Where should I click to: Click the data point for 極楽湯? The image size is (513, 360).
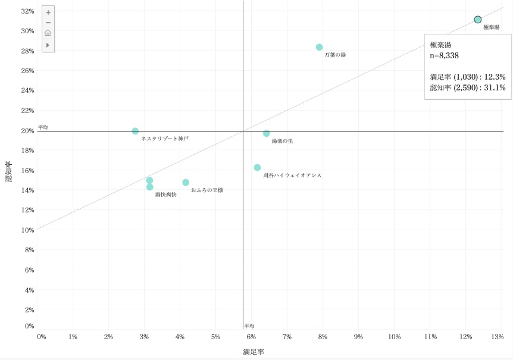tap(478, 20)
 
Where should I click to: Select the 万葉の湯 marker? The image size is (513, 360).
tap(320, 47)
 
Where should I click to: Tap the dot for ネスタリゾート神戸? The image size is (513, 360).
tap(135, 131)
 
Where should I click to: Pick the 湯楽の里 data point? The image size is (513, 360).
tap(266, 133)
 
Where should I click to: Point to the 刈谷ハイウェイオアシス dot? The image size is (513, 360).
tap(258, 167)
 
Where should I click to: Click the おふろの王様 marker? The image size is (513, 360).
tap(186, 183)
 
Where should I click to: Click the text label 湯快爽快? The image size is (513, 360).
tap(166, 195)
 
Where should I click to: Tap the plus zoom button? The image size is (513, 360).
tap(48, 12)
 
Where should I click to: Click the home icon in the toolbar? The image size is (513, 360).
tap(48, 33)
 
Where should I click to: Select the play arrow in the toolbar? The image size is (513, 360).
tap(48, 45)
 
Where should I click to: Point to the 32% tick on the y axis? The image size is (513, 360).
tap(27, 11)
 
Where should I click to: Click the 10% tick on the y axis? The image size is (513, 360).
tap(27, 230)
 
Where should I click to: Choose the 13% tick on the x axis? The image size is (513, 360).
tap(498, 337)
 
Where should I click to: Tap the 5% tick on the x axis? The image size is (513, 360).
tap(215, 337)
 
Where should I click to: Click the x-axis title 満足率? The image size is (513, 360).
tap(254, 352)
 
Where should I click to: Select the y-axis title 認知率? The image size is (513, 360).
tap(9, 171)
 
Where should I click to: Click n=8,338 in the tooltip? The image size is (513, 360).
tap(445, 55)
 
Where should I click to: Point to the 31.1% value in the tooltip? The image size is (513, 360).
tap(495, 87)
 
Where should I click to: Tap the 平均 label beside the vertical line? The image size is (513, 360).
tap(249, 325)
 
